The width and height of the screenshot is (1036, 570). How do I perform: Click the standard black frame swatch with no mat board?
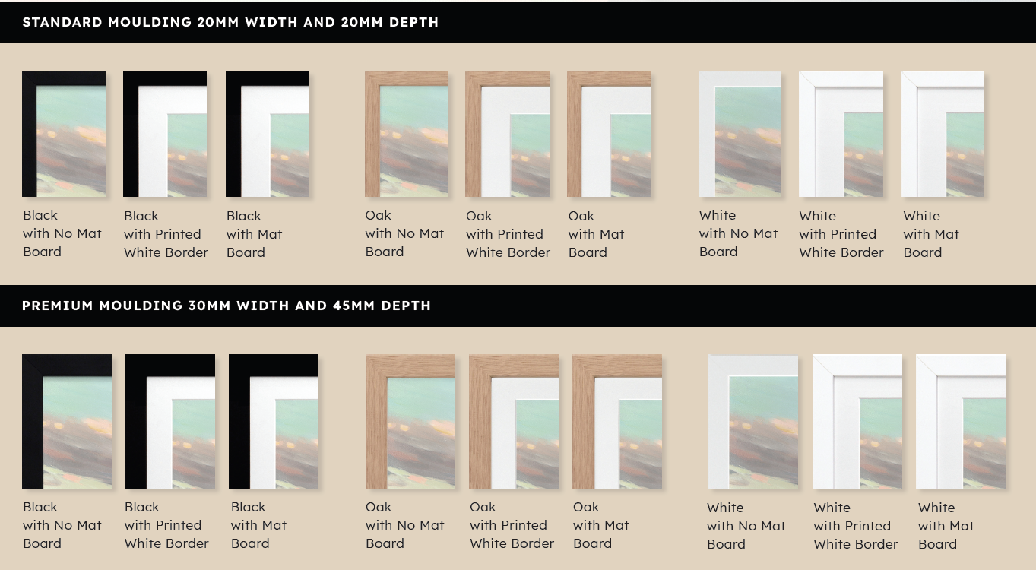pyautogui.click(x=64, y=134)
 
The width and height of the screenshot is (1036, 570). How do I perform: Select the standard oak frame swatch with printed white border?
pyautogui.click(x=508, y=134)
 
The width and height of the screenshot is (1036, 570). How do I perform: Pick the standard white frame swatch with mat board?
pyautogui.click(x=943, y=134)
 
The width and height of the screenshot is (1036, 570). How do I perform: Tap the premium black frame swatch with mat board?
pyautogui.click(x=274, y=421)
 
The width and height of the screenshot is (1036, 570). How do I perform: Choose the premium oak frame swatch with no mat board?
pyautogui.click(x=410, y=421)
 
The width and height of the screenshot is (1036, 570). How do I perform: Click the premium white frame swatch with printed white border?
pyautogui.click(x=857, y=421)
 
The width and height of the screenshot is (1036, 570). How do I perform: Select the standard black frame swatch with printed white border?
pyautogui.click(x=165, y=134)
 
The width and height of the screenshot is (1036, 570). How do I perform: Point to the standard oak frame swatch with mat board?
pyautogui.click(x=609, y=134)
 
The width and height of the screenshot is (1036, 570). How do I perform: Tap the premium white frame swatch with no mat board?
pyautogui.click(x=753, y=421)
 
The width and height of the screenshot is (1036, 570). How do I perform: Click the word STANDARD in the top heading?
pyautogui.click(x=62, y=22)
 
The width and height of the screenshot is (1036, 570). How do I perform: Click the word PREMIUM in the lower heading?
pyautogui.click(x=58, y=306)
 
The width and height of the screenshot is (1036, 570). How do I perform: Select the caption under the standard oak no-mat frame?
pyautogui.click(x=404, y=233)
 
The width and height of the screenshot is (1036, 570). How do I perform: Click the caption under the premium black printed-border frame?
pyautogui.click(x=166, y=525)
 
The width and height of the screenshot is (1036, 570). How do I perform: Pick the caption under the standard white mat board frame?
pyautogui.click(x=931, y=234)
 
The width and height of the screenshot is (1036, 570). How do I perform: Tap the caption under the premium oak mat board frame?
pyautogui.click(x=600, y=525)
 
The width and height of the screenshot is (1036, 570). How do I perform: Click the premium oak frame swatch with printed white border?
pyautogui.click(x=513, y=421)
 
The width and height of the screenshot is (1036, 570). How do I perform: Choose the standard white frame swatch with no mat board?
pyautogui.click(x=740, y=134)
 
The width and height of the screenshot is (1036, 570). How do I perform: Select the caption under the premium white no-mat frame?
pyautogui.click(x=746, y=526)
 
